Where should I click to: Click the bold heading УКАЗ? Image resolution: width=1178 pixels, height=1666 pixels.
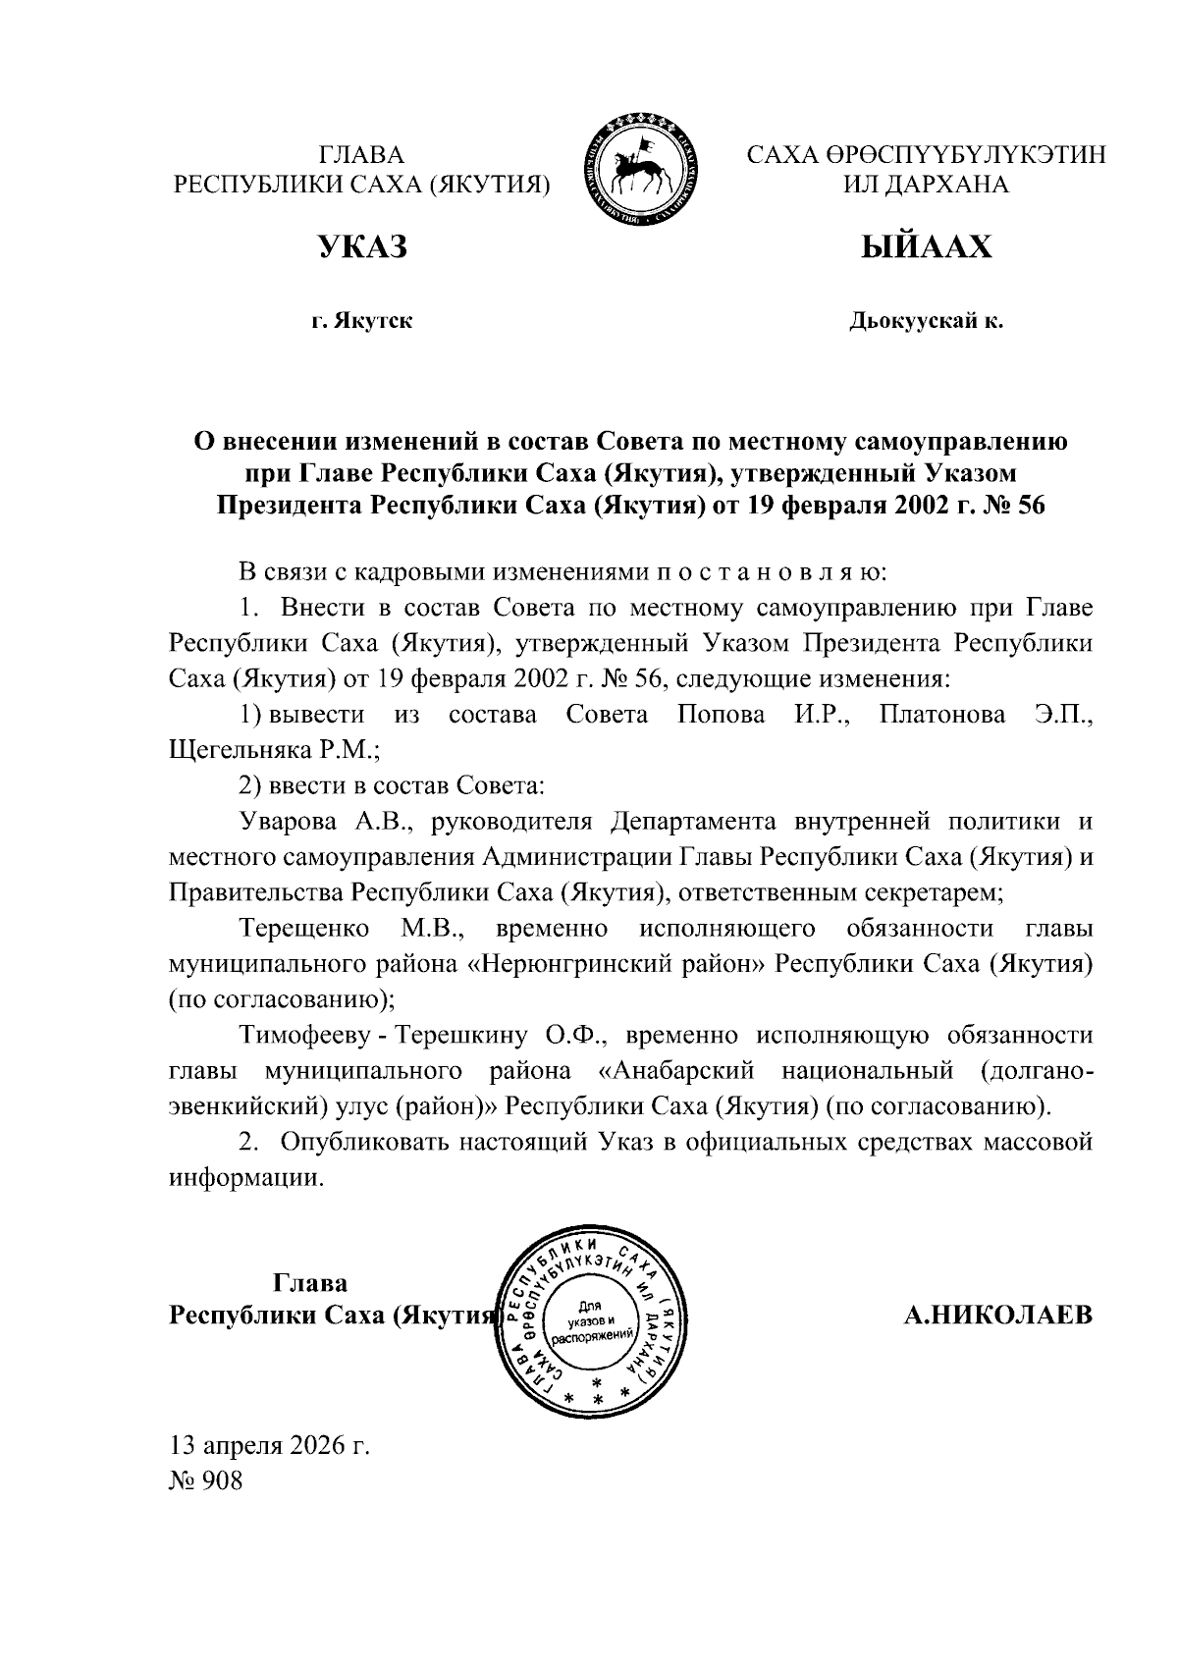pyautogui.click(x=361, y=247)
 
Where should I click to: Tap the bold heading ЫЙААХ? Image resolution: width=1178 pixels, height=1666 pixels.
pyautogui.click(x=926, y=247)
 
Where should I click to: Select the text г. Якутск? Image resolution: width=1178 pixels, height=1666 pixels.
pyautogui.click(x=361, y=320)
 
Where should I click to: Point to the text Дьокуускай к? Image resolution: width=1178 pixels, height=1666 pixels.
pyautogui.click(x=926, y=320)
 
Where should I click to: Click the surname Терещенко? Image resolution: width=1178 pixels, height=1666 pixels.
pyautogui.click(x=303, y=928)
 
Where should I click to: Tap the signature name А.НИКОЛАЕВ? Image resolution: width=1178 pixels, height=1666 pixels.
pyautogui.click(x=997, y=1315)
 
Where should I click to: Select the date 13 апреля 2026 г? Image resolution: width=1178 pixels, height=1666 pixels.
pyautogui.click(x=270, y=1445)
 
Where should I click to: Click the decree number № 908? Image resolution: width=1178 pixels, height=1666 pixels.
pyautogui.click(x=206, y=1480)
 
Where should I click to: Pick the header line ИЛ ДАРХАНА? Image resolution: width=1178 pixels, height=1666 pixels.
pyautogui.click(x=926, y=184)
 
